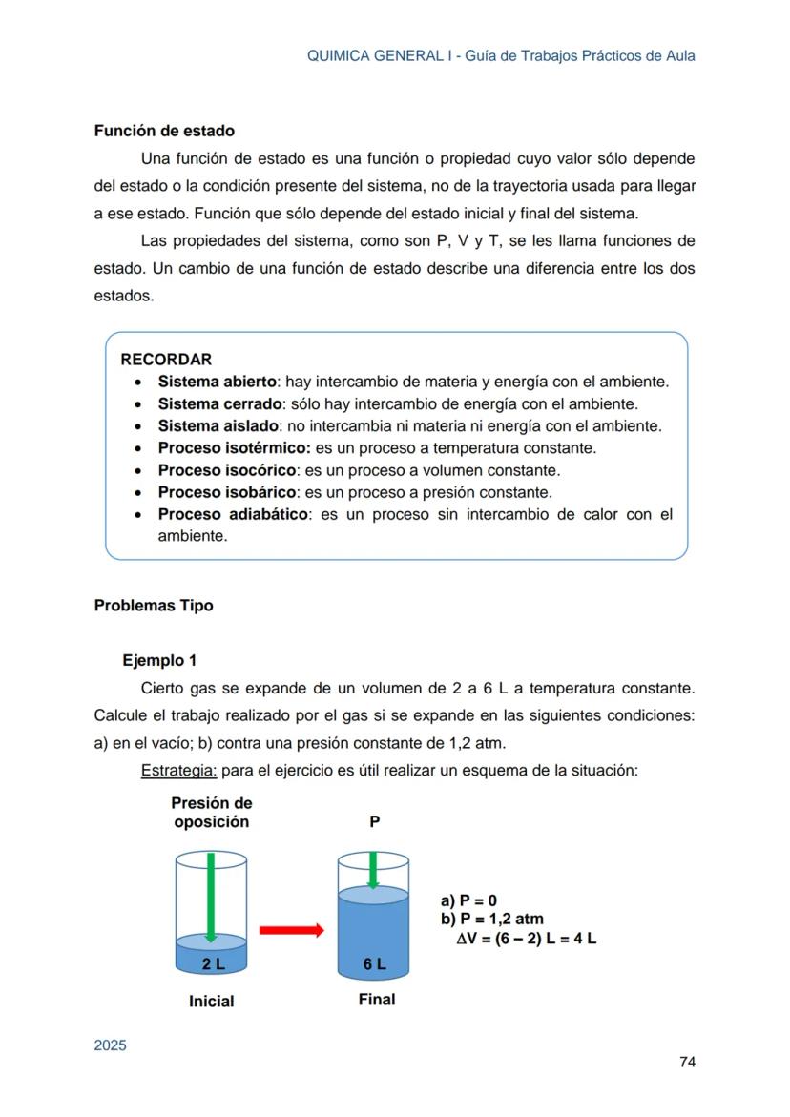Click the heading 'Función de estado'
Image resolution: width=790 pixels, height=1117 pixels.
point(164,131)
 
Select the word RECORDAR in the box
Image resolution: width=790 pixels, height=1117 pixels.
point(166,360)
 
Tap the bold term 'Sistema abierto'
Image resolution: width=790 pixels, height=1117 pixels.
point(217,382)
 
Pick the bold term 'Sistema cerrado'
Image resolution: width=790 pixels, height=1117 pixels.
point(219,403)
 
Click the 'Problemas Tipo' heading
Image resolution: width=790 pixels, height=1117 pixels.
point(154,606)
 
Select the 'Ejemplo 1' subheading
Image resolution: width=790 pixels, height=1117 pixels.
point(159,660)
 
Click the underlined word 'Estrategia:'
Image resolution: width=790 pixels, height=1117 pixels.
point(178,770)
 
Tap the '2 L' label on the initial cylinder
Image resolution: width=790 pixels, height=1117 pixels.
point(214,963)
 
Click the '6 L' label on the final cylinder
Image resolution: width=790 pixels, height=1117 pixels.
point(375,963)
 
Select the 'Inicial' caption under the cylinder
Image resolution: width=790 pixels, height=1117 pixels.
point(211,1002)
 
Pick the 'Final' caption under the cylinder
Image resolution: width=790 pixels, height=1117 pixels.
point(377,1000)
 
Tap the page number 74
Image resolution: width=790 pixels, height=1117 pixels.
point(686,1062)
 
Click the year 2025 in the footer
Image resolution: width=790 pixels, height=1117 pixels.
point(110,1045)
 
